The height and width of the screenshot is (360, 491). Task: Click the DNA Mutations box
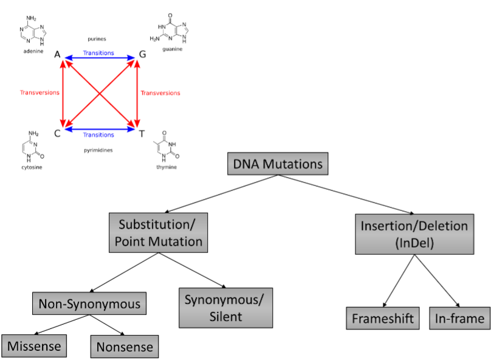[x=278, y=164]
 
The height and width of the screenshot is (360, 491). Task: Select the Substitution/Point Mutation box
[x=157, y=232]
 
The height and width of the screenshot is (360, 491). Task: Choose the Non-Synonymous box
[x=89, y=303]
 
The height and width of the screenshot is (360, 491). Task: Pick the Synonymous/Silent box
[x=225, y=308]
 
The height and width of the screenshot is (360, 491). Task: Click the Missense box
[x=34, y=346]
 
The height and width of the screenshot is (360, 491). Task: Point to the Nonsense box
[x=124, y=347]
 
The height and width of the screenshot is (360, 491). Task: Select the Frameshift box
[x=383, y=318]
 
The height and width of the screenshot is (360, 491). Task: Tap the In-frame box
[x=459, y=318]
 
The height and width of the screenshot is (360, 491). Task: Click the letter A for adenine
[x=57, y=55]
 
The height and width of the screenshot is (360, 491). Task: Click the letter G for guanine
[x=142, y=55]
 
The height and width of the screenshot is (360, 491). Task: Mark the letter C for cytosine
[x=57, y=132]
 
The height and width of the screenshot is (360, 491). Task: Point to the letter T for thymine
[x=142, y=132]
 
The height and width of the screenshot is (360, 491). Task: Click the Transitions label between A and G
[x=98, y=53]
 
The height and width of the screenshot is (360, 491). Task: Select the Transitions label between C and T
[x=98, y=135]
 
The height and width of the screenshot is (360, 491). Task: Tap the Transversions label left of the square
[x=39, y=93]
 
